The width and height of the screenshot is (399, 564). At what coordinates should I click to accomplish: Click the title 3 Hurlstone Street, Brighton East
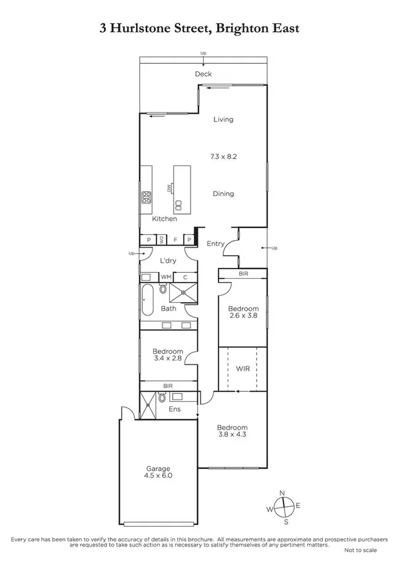point(199,29)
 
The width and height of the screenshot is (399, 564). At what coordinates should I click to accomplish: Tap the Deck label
point(202,74)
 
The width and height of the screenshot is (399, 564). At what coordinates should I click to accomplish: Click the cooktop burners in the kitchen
point(145,197)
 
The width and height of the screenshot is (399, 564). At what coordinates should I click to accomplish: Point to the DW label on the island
point(170,189)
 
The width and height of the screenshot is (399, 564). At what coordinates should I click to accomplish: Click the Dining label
point(223,194)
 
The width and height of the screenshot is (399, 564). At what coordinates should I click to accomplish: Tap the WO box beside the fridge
point(161,239)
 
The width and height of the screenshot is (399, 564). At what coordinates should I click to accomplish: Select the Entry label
point(215,244)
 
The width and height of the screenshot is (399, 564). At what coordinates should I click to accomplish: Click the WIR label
point(242,367)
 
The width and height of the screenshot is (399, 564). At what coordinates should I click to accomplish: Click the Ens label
point(173,409)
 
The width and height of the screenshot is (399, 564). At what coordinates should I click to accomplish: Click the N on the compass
point(282,492)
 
